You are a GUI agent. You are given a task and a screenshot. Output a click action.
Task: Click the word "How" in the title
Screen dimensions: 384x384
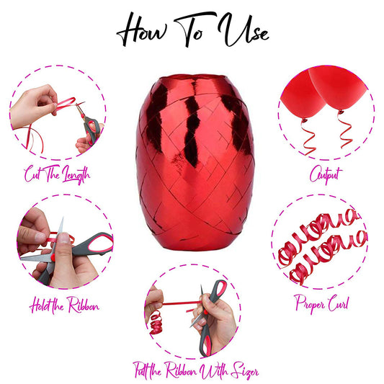[x=142, y=30]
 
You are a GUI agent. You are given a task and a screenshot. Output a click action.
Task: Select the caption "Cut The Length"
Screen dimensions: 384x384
[x=57, y=174]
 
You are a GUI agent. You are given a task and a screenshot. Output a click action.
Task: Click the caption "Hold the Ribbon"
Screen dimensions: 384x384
[x=64, y=305]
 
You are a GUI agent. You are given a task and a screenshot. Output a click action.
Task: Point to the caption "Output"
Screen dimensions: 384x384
[x=326, y=174]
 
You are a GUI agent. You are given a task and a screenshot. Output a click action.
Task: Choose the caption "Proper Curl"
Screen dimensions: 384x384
[x=322, y=304]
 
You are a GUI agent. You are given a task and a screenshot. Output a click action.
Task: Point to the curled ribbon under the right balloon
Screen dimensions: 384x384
[x=344, y=130]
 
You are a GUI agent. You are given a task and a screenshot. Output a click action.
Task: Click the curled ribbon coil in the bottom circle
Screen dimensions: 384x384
[x=156, y=322]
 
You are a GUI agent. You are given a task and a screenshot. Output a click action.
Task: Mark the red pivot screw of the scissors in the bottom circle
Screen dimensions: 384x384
[x=206, y=312]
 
